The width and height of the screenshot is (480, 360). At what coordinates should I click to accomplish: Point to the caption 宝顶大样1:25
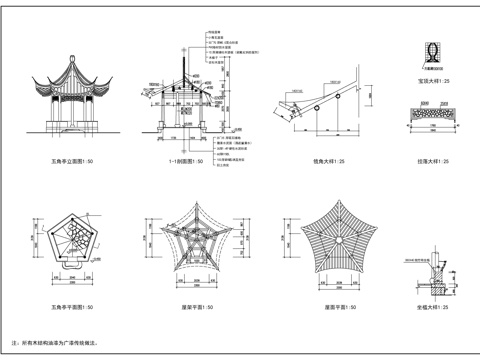coord(433,79)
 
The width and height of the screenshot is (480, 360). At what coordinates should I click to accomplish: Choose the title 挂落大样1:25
coord(433,160)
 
